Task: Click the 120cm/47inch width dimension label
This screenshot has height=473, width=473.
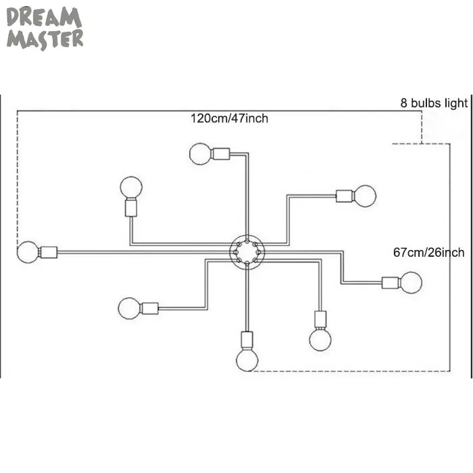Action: pos(229,118)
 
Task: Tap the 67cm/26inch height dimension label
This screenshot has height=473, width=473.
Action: pos(429,252)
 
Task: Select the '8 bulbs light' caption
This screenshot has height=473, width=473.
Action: pos(432,103)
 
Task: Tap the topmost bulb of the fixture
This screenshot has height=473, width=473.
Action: pos(200,153)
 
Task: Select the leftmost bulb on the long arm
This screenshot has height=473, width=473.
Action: pos(28,252)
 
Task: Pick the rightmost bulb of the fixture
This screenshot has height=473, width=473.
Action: pos(410,282)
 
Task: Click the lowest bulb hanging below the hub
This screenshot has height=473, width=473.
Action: pos(247,359)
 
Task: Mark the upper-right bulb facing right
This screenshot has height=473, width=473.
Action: pos(366,196)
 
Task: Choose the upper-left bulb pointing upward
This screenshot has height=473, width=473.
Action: pos(132,186)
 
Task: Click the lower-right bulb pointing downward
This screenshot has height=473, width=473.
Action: pos(320,339)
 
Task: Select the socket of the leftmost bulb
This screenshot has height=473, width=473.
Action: pos(49,252)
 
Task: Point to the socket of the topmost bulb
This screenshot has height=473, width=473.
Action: pos(221,153)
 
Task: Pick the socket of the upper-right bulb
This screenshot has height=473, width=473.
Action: pos(345,196)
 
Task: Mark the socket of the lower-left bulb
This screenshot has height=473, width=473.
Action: pos(150,309)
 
